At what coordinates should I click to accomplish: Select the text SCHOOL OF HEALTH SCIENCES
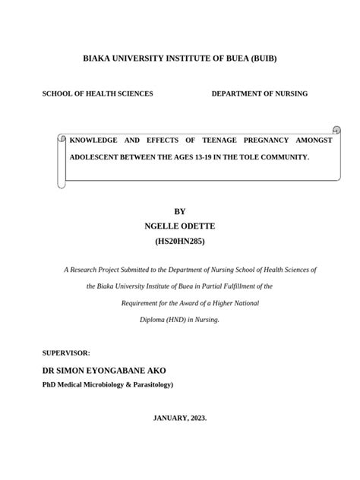tap(97, 93)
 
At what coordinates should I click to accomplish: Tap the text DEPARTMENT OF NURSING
tap(259, 93)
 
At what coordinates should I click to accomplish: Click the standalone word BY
tap(180, 211)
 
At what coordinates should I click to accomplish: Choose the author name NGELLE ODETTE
tap(180, 226)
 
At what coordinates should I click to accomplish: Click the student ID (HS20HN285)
tap(180, 242)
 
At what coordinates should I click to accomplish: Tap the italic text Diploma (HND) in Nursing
tap(180, 320)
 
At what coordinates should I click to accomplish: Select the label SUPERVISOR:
tap(67, 353)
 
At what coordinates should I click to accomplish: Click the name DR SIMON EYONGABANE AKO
tap(104, 371)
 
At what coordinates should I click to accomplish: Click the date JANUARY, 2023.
tap(180, 418)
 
